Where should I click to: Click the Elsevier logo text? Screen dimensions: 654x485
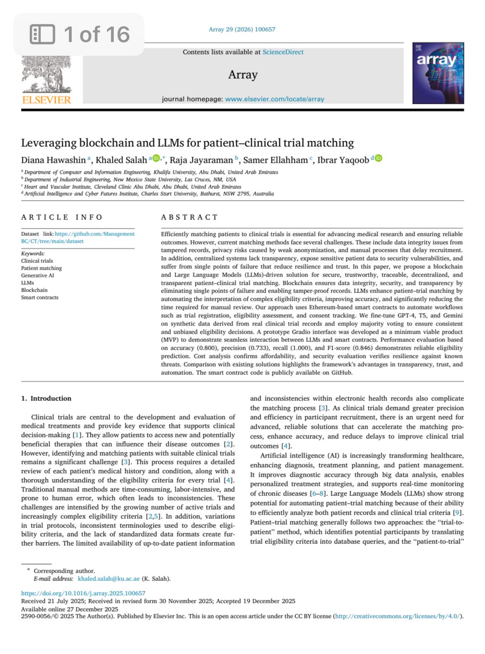[x=46, y=100]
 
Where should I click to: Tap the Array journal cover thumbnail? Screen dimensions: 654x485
[x=437, y=73]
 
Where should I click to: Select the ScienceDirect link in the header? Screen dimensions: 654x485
[x=282, y=52]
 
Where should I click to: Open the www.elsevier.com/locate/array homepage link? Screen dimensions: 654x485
[x=274, y=99]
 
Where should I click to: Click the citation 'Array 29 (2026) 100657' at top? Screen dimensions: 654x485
[x=242, y=29]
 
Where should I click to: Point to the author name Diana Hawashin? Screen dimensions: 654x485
[x=53, y=160]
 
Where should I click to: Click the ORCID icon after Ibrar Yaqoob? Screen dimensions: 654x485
[x=378, y=159]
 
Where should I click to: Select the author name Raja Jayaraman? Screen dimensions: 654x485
[x=201, y=160]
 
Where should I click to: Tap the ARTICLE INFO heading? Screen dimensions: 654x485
[x=62, y=217]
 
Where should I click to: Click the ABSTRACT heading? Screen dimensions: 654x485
[x=189, y=217]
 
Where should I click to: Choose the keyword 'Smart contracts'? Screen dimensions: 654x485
[x=40, y=298]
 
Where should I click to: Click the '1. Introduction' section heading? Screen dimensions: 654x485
[x=46, y=399]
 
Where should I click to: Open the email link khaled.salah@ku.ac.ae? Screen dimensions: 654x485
[x=108, y=579]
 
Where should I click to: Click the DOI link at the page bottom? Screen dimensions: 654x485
[x=83, y=593]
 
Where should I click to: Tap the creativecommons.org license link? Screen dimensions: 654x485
[x=398, y=616]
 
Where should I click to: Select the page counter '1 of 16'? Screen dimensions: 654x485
[x=97, y=35]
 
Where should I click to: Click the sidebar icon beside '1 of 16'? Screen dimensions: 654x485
[x=42, y=35]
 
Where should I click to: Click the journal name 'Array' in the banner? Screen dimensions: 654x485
[x=243, y=74]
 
